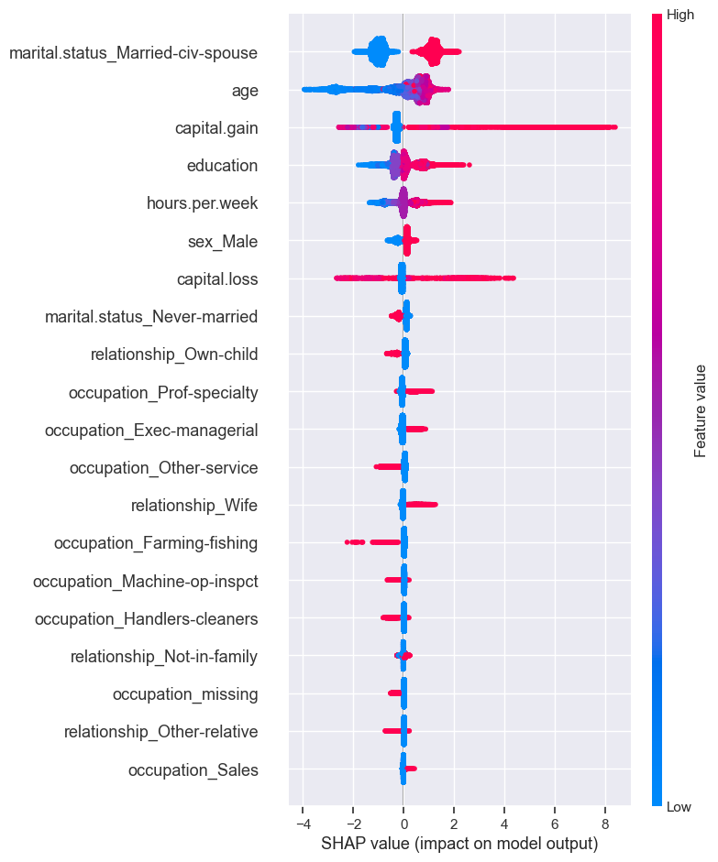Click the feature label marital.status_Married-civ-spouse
coord(133,53)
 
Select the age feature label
coord(245,91)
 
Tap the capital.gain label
coord(216,128)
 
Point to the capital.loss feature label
coord(217,278)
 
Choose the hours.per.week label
coord(202,203)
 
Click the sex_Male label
coord(223,241)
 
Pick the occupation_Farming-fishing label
coord(156,543)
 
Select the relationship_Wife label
coord(194,506)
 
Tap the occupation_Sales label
coord(193,769)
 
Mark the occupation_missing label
coord(185,694)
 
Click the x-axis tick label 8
coord(605,822)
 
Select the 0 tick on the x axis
coord(403,822)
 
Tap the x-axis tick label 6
coord(555,822)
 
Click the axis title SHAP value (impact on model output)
coord(459,843)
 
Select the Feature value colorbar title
coord(701,410)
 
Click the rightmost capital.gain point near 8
coord(613,127)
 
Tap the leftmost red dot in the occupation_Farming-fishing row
coord(347,542)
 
